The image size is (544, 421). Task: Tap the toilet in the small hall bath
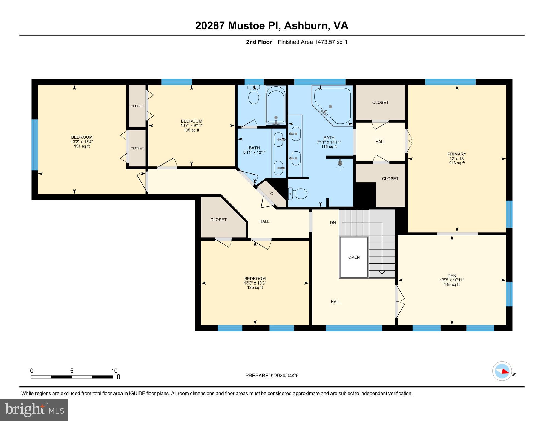coord(254,96)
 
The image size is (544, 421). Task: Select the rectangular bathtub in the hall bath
coord(276,105)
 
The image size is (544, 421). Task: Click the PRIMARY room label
coord(456,154)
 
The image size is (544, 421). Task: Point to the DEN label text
coord(452,275)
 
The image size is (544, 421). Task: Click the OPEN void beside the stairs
coord(354,257)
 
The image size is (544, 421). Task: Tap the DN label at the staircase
coord(333,223)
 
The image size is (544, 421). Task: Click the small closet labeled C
coord(272,194)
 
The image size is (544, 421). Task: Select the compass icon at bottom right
coord(502,371)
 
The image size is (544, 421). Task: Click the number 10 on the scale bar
coord(114,371)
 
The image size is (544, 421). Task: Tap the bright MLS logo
coord(34,409)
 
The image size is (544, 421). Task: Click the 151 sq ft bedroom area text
coord(82,146)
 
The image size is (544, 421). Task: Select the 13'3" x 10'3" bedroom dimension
coord(255,283)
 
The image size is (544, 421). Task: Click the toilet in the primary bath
coord(298,194)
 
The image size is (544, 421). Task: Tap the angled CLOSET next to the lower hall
coord(218,220)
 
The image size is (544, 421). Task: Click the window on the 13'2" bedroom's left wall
coord(34,145)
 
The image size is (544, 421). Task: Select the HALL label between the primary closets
coord(380,142)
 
